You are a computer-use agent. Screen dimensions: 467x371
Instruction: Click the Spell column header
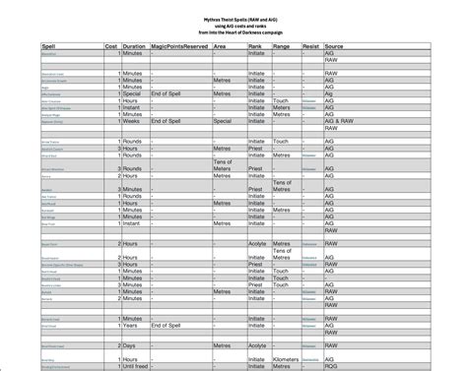(x=21, y=46)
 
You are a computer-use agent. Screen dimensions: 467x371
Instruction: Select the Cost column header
(x=111, y=46)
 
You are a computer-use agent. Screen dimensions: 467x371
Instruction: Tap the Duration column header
(x=135, y=46)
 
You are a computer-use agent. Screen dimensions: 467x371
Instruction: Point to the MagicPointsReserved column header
(x=180, y=46)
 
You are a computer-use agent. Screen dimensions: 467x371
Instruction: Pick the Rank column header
(x=256, y=46)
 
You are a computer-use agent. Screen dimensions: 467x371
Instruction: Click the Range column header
(x=282, y=46)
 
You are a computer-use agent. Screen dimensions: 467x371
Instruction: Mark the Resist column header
(x=309, y=46)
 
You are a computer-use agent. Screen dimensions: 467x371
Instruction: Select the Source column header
(x=334, y=46)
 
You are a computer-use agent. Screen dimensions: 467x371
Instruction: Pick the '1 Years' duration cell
(x=133, y=324)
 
